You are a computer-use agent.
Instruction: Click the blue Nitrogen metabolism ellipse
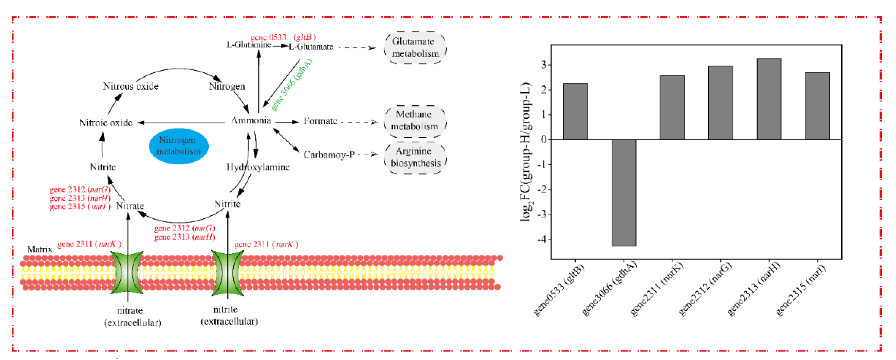179,146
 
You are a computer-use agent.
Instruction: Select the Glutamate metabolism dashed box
415,48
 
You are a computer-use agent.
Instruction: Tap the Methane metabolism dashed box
415,120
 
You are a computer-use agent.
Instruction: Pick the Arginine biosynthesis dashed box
415,157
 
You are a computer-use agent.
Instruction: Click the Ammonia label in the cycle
251,121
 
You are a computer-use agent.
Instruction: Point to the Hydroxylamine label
258,167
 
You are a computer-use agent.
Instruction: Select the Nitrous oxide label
130,86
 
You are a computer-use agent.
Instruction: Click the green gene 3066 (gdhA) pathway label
291,85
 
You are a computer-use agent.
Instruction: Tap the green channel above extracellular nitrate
128,272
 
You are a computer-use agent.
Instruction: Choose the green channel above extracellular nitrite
227,272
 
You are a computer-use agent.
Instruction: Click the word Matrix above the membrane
40,249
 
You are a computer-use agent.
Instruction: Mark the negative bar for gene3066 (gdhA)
624,193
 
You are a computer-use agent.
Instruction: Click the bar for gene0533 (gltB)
575,111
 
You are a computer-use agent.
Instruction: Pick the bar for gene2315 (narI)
817,106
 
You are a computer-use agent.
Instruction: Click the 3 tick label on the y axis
544,65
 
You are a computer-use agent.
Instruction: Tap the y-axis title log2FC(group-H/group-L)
526,152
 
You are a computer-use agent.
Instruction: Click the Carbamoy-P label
329,155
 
